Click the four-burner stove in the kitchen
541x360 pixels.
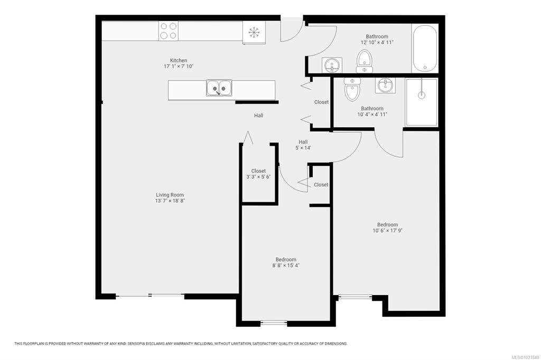(x=169, y=31)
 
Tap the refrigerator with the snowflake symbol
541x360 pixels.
(x=254, y=32)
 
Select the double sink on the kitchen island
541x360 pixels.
(x=219, y=88)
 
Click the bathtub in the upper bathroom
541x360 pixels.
(x=425, y=48)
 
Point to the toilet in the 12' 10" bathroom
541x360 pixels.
(x=365, y=61)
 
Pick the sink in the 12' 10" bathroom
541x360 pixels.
(x=332, y=65)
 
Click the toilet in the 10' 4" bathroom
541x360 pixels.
(x=352, y=89)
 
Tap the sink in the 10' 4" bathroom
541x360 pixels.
(x=385, y=85)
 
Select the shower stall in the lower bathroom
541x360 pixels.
(x=422, y=102)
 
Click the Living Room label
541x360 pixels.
(x=170, y=195)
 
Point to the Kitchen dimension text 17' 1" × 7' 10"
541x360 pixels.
(x=179, y=66)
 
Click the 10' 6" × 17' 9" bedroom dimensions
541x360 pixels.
(x=387, y=231)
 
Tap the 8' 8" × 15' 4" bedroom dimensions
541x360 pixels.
(x=286, y=266)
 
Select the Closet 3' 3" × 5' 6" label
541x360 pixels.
(x=258, y=174)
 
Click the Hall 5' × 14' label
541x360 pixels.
(x=303, y=145)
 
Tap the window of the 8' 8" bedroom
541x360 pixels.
(x=274, y=323)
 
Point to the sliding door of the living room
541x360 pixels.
(x=150, y=295)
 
